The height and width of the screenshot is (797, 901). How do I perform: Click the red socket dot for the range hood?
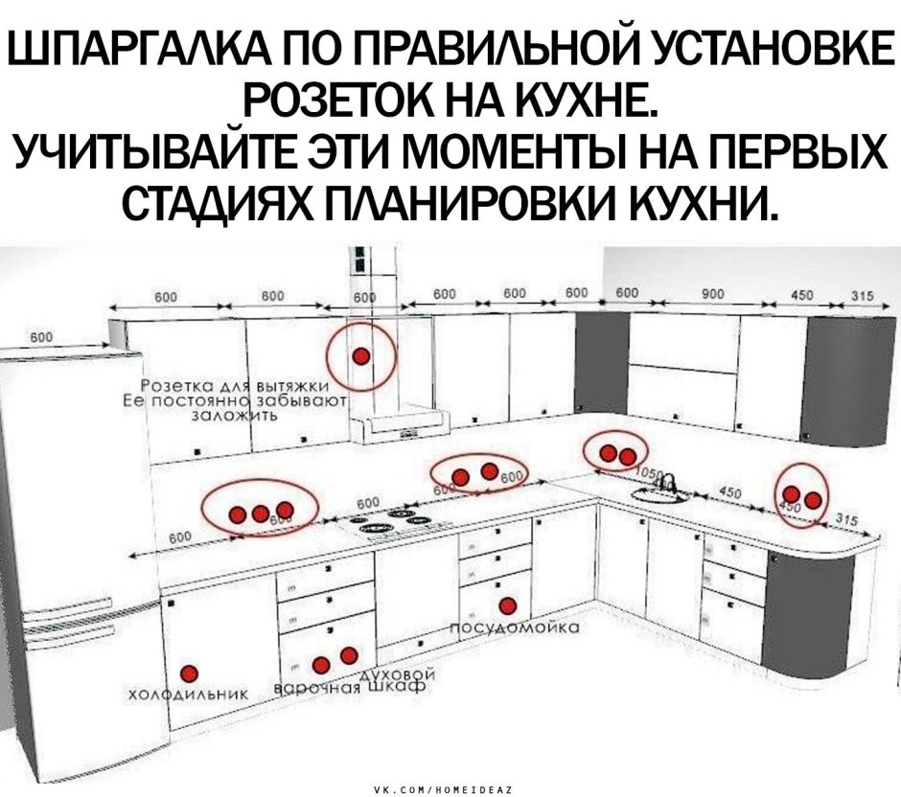360,356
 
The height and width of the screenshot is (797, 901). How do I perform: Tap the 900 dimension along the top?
711,297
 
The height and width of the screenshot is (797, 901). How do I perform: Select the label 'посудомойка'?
513,628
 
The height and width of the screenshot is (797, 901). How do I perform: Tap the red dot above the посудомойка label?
507,604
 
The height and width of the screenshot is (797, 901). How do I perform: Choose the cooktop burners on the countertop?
394,523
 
